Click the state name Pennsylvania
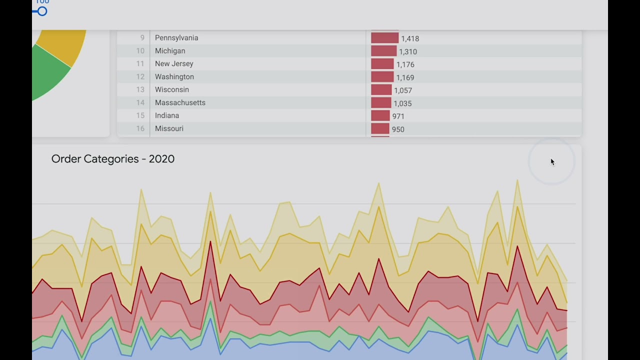point(176,38)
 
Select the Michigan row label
point(170,51)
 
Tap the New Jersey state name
point(174,64)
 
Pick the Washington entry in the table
point(174,77)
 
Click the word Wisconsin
point(172,90)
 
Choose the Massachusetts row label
point(180,103)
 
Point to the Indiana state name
point(167,116)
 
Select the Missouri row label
point(169,129)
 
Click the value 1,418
point(410,38)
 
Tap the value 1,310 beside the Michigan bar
point(408,51)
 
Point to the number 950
point(398,129)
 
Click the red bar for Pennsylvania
point(384,38)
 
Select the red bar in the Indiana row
point(380,116)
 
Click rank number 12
point(140,77)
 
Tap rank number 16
point(140,129)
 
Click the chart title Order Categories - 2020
point(113,159)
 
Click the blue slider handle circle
point(42,11)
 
